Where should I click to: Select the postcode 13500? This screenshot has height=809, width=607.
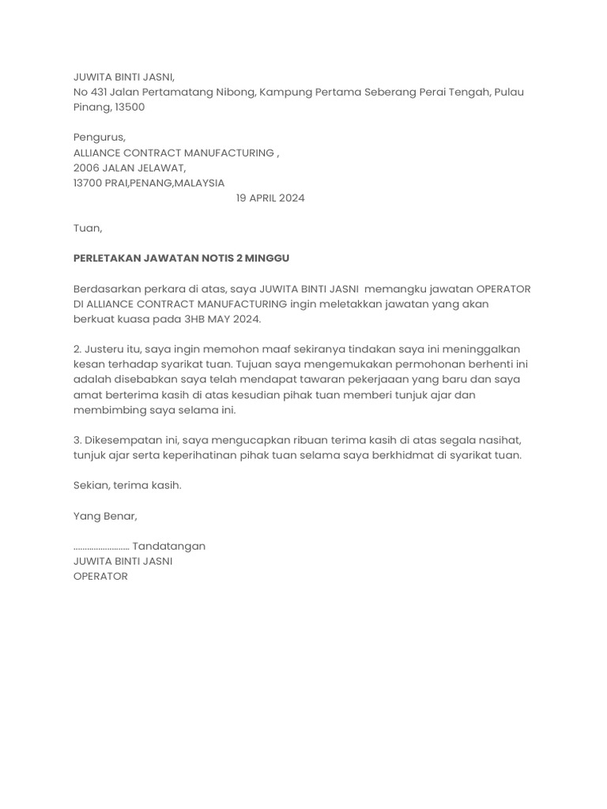(130, 107)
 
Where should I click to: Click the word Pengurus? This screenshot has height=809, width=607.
(99, 137)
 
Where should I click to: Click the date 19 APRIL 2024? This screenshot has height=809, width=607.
(270, 198)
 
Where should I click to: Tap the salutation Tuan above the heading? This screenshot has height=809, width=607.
(87, 228)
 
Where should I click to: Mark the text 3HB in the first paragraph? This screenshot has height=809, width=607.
(195, 319)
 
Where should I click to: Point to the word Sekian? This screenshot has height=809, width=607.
(90, 485)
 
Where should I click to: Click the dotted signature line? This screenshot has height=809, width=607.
(101, 547)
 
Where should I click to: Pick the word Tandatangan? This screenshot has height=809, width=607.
(169, 546)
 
